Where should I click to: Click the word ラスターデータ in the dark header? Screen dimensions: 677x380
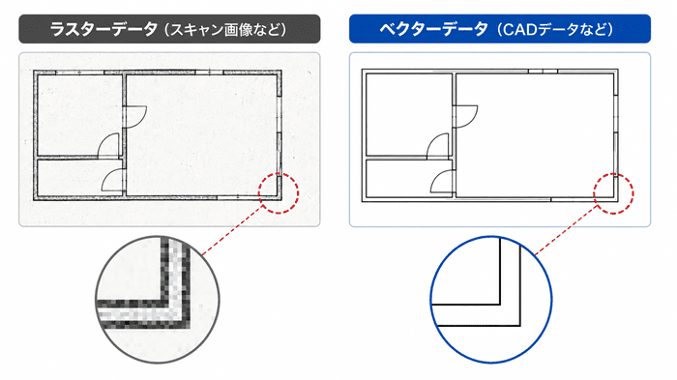[x=103, y=29]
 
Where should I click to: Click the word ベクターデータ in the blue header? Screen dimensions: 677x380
[x=433, y=29]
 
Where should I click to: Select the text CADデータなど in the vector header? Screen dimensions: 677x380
[x=555, y=29]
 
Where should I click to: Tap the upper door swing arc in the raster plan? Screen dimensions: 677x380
[x=142, y=119]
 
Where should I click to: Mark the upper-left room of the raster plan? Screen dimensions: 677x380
[x=80, y=115]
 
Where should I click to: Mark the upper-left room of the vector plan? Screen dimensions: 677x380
[x=408, y=114]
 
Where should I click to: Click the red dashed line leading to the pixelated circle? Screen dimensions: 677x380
[x=233, y=230]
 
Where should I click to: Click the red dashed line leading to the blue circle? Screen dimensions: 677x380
[x=567, y=230]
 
